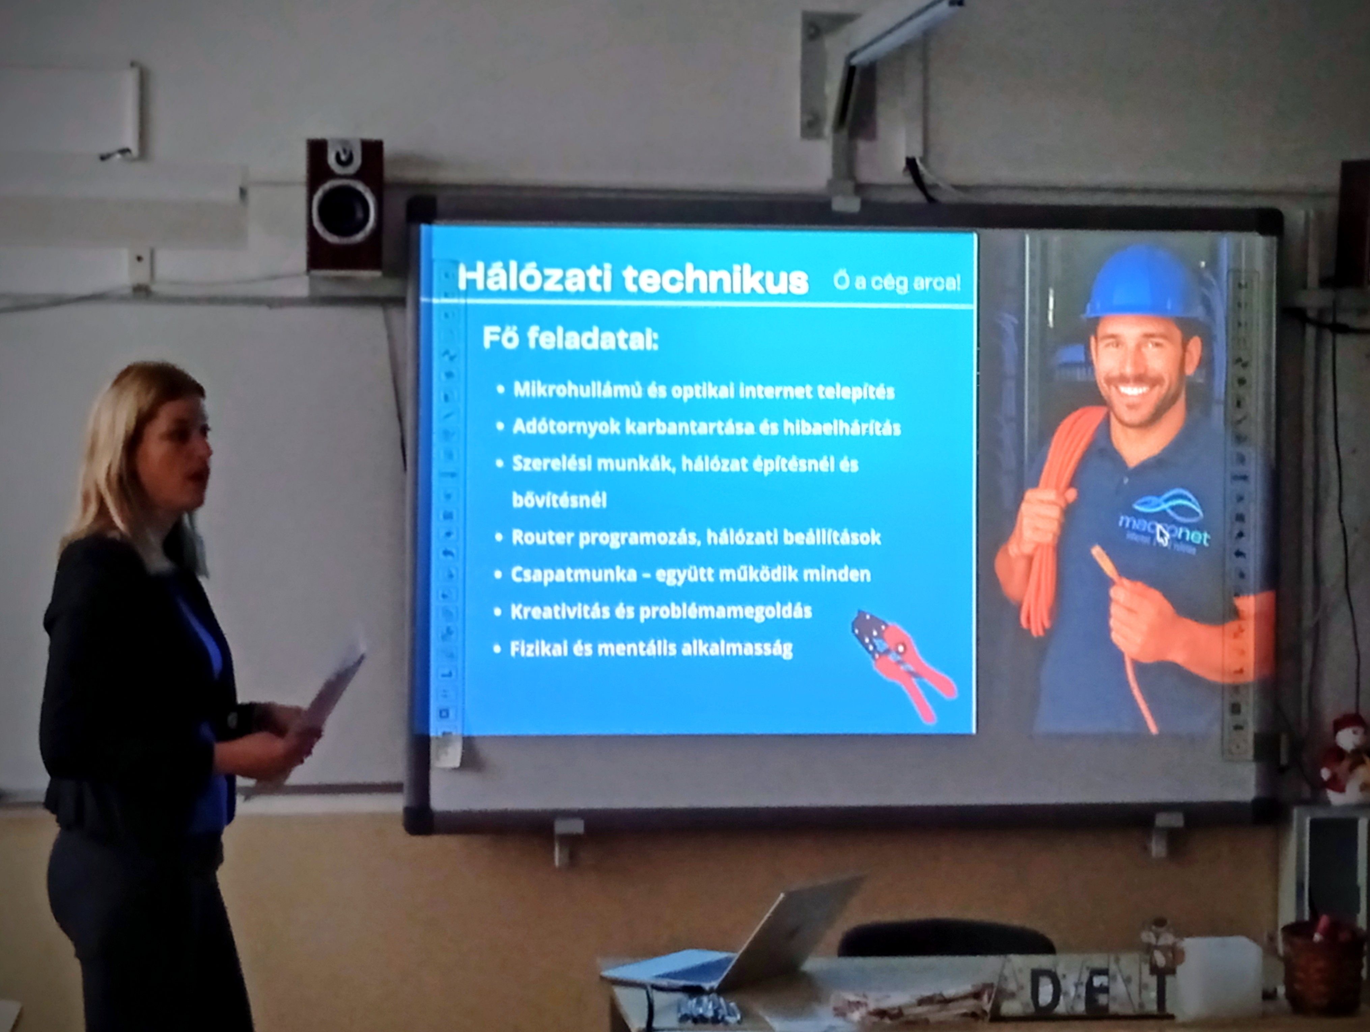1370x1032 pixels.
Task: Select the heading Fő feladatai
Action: click(x=570, y=339)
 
